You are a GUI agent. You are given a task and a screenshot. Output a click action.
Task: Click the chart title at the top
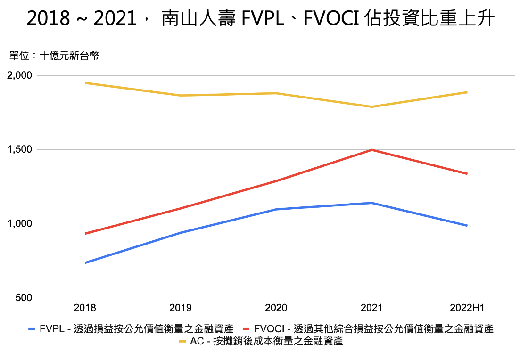click(260, 19)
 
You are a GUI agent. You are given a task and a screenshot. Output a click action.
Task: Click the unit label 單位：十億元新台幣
click(54, 56)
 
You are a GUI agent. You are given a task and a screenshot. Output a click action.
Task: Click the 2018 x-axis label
click(85, 308)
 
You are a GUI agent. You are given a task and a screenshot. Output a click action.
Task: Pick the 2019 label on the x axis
click(181, 308)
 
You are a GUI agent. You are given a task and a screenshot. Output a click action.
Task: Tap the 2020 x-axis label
click(276, 308)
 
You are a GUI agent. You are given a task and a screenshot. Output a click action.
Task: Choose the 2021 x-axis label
click(371, 308)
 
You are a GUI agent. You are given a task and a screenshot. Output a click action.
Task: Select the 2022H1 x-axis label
click(467, 308)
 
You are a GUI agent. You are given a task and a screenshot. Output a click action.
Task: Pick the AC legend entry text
click(266, 342)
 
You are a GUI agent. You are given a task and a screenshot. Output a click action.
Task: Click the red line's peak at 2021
click(371, 150)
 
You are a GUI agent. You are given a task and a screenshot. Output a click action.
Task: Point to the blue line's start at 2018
click(85, 262)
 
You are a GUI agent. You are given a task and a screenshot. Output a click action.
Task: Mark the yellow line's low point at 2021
click(371, 107)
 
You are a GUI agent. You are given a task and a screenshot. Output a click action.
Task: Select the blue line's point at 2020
click(276, 209)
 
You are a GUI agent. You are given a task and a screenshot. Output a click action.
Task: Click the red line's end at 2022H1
click(467, 174)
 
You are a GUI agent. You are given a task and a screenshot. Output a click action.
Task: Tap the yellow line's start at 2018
click(85, 83)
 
